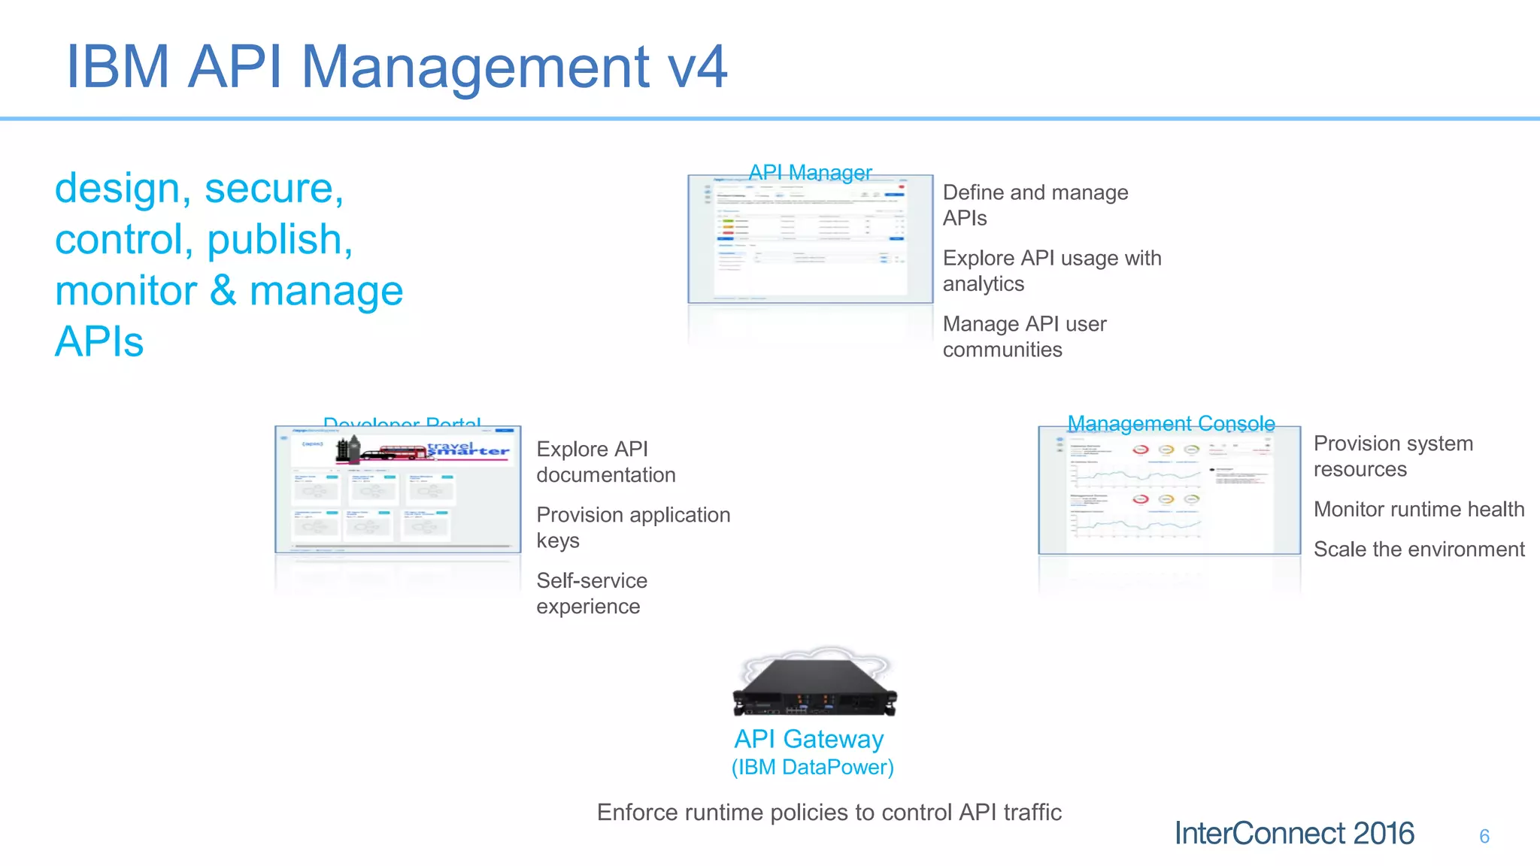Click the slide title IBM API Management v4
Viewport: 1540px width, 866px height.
pos(396,67)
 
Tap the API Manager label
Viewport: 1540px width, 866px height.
pos(810,172)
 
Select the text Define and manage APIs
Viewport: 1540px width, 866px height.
pos(1035,204)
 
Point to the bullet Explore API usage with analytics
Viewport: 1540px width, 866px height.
pos(1051,271)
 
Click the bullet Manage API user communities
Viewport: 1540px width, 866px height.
pos(1024,336)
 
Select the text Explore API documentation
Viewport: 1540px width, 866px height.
pos(605,462)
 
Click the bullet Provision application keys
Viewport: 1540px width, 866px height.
pos(632,527)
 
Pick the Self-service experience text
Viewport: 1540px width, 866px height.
pos(591,593)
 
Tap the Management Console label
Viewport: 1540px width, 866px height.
pos(1171,423)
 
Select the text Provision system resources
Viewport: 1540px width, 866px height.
pos(1393,456)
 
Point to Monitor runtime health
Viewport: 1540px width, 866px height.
pos(1418,509)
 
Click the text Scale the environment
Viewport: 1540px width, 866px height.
pos(1418,549)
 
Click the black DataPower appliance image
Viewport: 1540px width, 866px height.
pos(814,686)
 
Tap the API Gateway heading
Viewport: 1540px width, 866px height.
pos(808,739)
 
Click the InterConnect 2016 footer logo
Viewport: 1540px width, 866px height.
pos(1293,833)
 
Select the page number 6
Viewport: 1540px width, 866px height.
pos(1484,836)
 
